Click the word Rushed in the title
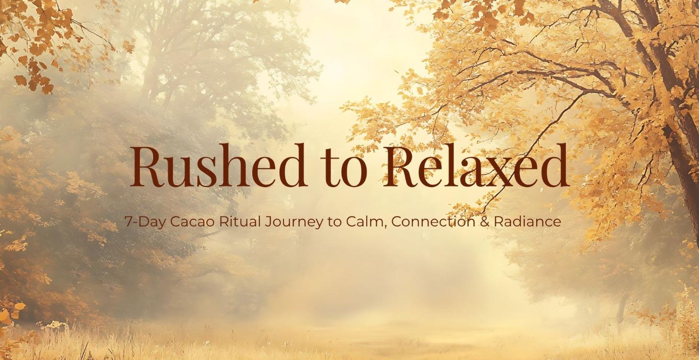click(x=218, y=166)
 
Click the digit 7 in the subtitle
click(x=127, y=222)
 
